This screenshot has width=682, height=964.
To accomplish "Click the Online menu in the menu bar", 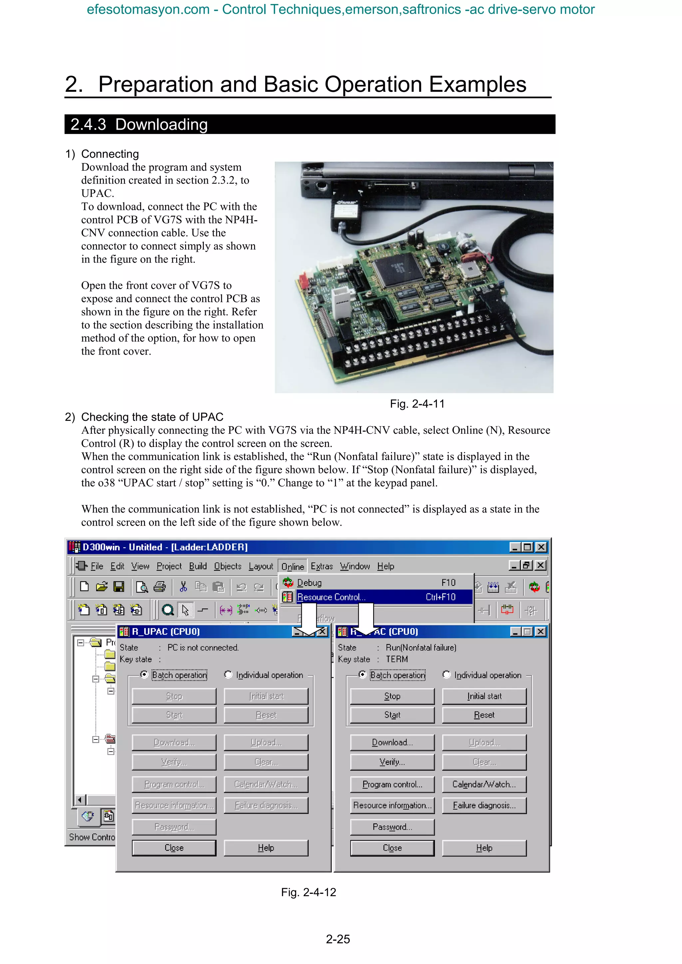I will (292, 566).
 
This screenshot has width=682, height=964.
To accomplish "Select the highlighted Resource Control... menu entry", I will (331, 597).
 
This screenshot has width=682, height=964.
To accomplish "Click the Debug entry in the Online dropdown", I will (309, 582).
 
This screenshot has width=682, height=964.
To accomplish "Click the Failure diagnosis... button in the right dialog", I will (484, 805).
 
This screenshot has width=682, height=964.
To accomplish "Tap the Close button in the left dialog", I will (174, 848).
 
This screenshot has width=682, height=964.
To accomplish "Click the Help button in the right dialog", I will (484, 848).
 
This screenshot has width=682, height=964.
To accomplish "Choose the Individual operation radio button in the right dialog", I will (447, 675).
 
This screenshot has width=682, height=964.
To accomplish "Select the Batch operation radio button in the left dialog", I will (145, 675).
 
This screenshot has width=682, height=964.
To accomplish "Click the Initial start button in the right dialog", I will (484, 696).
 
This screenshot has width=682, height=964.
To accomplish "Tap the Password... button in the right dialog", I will (392, 827).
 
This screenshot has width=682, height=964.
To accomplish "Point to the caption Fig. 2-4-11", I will (417, 404).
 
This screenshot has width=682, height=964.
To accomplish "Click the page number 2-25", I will (338, 939).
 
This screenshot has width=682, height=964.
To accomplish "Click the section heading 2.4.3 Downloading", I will (139, 125).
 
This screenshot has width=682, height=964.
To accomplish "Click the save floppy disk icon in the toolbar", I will (119, 586).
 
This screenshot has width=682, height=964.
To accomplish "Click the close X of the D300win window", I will (541, 547).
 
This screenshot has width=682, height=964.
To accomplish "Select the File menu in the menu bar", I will (97, 566).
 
